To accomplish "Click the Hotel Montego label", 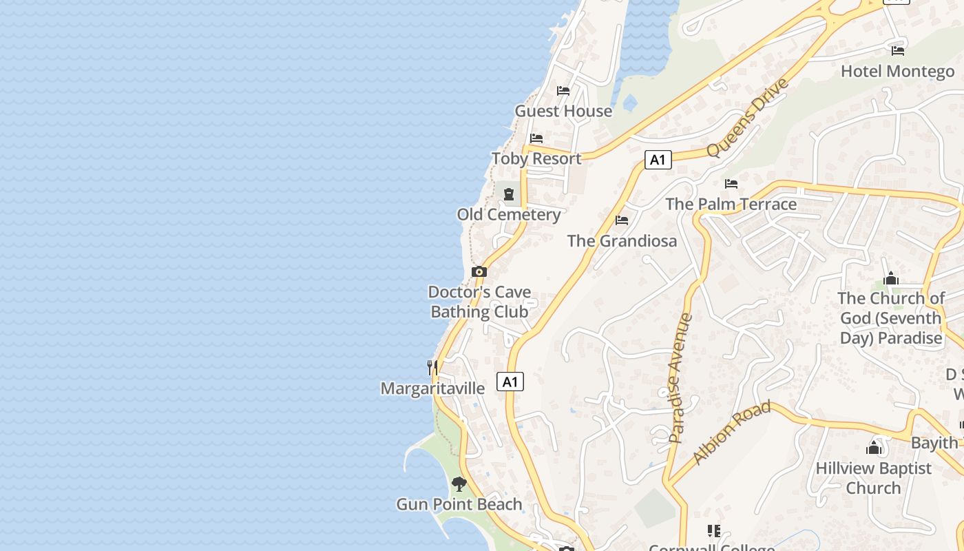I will [897, 71].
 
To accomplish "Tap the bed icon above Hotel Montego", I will [897, 50].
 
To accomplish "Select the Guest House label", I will [563, 111].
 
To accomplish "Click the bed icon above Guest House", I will [563, 90].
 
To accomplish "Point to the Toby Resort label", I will [536, 158].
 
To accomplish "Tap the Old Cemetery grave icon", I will [509, 195].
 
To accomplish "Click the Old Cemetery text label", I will [509, 215].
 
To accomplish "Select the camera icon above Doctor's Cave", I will [479, 271].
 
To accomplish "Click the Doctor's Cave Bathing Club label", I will [479, 302].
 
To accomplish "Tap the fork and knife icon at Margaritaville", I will [432, 368].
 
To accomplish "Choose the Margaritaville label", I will [432, 388].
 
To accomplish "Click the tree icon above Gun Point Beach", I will [459, 484].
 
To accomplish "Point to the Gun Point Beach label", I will [459, 505].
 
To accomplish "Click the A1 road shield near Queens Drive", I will [658, 160].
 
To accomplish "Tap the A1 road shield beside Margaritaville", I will [510, 382].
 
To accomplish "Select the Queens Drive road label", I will [746, 118].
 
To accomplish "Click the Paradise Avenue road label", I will [680, 379].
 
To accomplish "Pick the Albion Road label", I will [731, 433].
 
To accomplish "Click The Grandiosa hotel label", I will [622, 241].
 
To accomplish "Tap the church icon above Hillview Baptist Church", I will [874, 448].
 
